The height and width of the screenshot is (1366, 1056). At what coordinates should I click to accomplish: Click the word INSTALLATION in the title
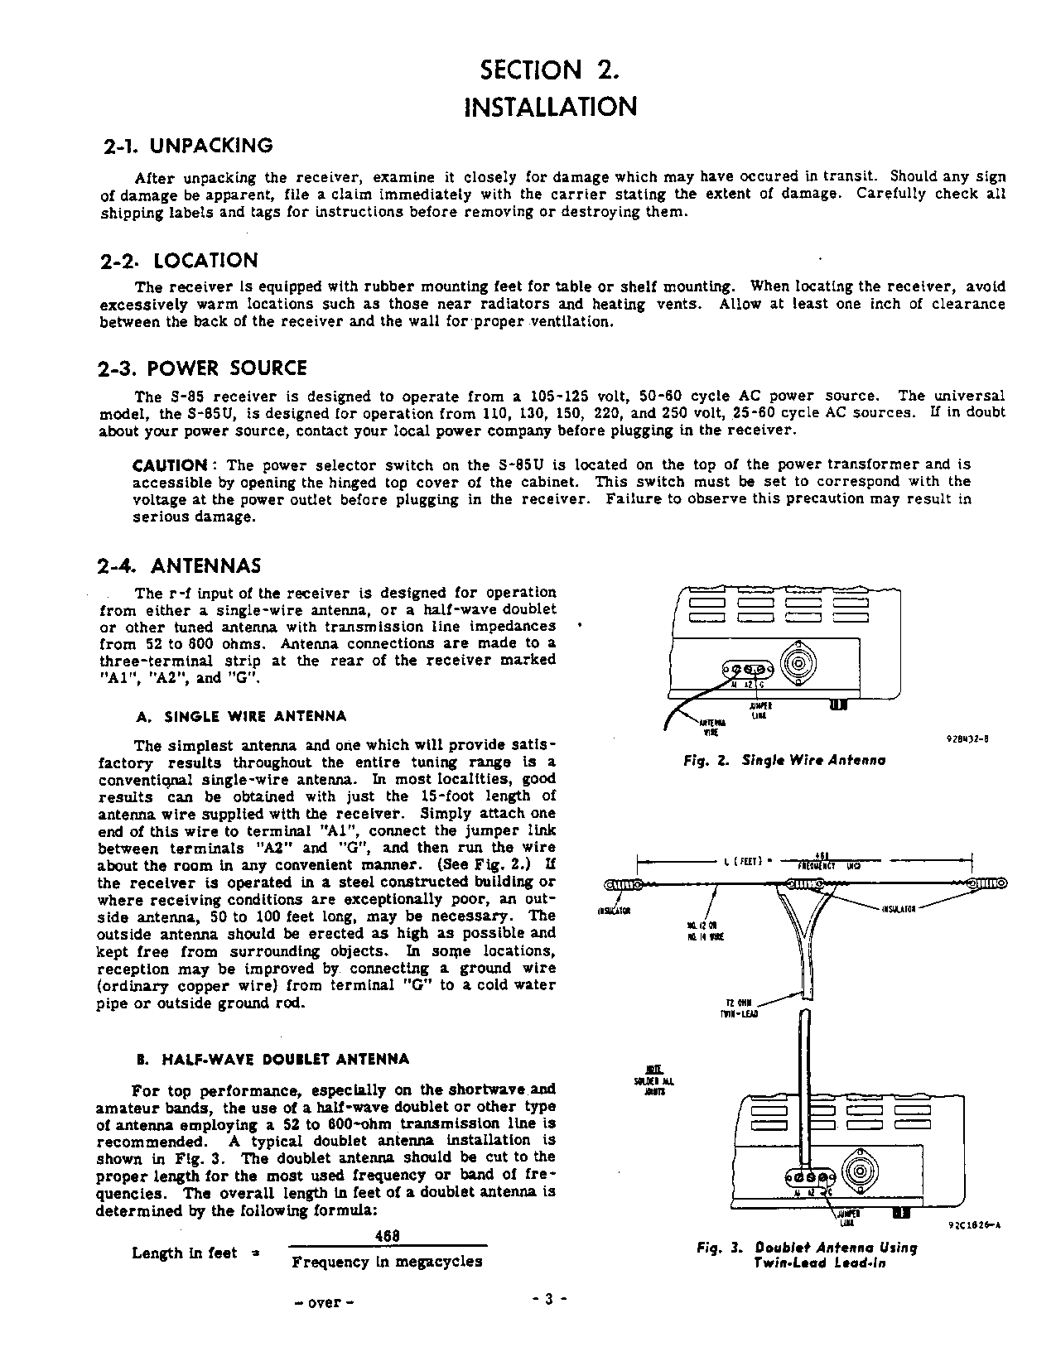coord(551,107)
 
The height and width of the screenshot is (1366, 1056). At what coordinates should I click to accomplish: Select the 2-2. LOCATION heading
coord(179,261)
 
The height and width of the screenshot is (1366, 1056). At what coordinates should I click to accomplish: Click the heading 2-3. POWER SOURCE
coord(203,368)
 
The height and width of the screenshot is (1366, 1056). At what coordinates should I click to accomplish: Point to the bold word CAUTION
coord(170,464)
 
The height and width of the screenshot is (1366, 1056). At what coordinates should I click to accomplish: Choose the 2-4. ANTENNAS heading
coord(180,566)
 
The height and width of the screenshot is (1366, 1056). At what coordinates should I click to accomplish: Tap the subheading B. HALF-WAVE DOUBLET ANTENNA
coord(272,1059)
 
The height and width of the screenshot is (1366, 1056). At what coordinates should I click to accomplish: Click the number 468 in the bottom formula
coord(388,1234)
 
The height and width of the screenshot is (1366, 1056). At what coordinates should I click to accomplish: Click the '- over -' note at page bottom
coord(325,1302)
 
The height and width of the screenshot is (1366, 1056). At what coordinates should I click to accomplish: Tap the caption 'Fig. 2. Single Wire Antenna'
coord(784,760)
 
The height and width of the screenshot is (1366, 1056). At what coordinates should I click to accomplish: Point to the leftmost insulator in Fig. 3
coord(622,884)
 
